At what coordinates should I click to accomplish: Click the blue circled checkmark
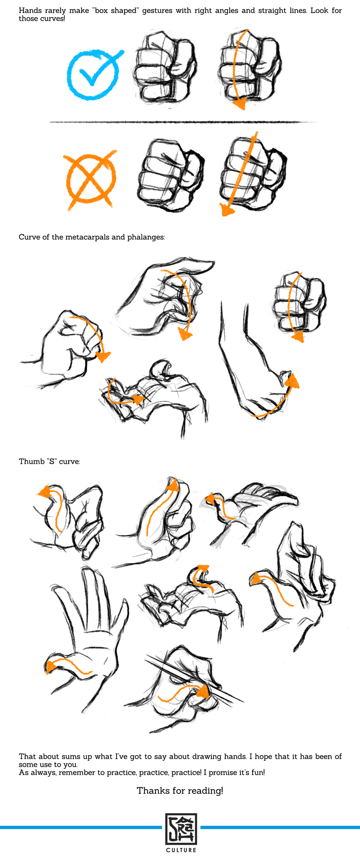(x=93, y=75)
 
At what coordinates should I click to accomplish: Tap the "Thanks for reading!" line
(x=180, y=791)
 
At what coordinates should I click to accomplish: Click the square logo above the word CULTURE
(x=181, y=829)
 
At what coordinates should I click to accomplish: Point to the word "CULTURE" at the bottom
(x=181, y=850)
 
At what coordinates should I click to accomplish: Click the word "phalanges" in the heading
(x=146, y=237)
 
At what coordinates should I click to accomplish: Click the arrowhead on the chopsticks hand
(x=204, y=692)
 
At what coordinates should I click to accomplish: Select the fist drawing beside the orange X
(x=170, y=175)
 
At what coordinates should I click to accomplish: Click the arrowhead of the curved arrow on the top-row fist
(x=239, y=104)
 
